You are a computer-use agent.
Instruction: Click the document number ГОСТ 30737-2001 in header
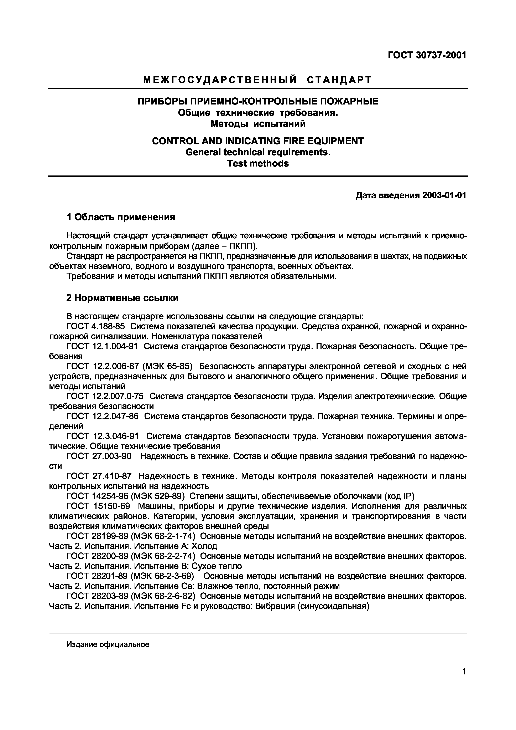pos(427,55)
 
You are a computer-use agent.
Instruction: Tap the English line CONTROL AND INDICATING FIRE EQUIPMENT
pos(258,141)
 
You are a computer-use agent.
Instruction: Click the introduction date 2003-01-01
pos(444,195)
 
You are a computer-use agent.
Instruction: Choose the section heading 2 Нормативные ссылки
pos(122,298)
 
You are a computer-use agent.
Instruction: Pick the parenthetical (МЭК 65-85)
pos(169,366)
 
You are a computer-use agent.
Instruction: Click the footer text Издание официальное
pos(108,644)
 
